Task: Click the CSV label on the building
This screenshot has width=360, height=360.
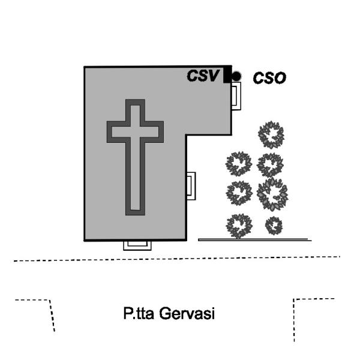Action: tap(204, 76)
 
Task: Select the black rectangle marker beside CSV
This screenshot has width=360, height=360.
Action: tap(227, 76)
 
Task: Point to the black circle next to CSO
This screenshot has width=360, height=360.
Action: tap(236, 76)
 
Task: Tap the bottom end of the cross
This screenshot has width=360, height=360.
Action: tap(135, 211)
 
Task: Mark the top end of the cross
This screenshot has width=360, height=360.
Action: tap(135, 103)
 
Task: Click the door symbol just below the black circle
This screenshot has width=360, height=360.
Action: tap(236, 96)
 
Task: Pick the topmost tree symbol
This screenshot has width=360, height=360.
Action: tap(271, 135)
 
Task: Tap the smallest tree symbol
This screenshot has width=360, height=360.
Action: tap(274, 226)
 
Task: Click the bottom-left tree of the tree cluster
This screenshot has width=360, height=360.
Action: tap(239, 226)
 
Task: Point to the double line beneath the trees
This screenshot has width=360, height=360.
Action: tap(254, 239)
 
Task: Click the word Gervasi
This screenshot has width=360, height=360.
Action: tap(191, 313)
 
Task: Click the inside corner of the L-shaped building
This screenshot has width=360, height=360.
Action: tap(187, 134)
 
